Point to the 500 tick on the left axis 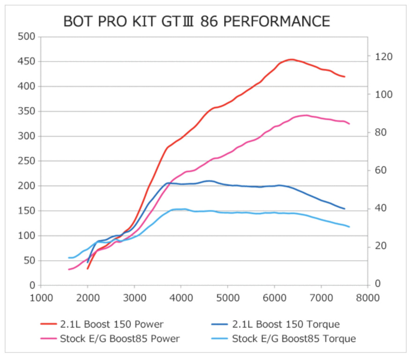coord(26,37)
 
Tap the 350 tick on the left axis coord(26,112)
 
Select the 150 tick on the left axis coord(26,211)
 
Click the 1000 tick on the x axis coord(41,297)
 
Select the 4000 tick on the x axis coord(181,297)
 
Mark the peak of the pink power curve coord(306,115)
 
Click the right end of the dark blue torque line coord(345,209)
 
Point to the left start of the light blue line coord(69,258)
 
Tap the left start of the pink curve coord(69,269)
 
